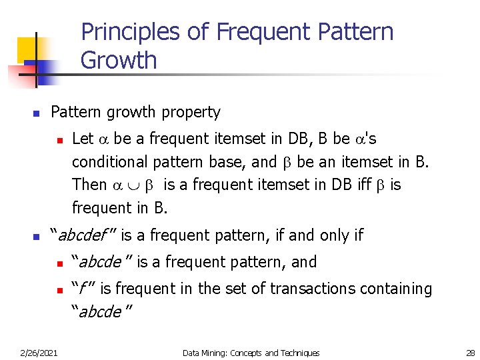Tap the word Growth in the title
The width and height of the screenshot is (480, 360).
click(x=119, y=60)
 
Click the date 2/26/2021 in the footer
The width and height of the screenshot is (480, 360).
click(x=39, y=353)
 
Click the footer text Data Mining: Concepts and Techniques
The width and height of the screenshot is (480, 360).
click(x=251, y=353)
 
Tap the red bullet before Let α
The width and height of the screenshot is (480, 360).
click(x=59, y=140)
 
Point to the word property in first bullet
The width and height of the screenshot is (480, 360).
click(x=190, y=112)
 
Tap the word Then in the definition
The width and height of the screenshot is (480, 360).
click(x=89, y=184)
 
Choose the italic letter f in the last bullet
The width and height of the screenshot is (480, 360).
click(x=83, y=289)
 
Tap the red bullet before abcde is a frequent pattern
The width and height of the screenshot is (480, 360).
click(x=59, y=263)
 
